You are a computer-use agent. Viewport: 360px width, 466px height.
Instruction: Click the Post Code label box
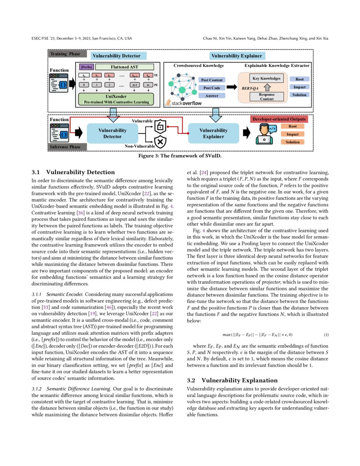click(x=211, y=88)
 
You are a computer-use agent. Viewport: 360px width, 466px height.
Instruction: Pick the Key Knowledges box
click(x=266, y=78)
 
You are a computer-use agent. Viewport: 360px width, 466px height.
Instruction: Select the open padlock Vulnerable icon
click(x=161, y=126)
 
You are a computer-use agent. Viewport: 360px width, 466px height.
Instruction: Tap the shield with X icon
click(x=161, y=141)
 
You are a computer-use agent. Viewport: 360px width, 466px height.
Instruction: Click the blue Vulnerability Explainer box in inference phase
click(x=213, y=133)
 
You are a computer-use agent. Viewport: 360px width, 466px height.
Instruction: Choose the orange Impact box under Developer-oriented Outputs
click(x=292, y=134)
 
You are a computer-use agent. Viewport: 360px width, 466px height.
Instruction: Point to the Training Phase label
click(x=65, y=54)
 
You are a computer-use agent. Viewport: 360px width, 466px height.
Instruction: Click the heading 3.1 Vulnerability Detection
click(x=73, y=172)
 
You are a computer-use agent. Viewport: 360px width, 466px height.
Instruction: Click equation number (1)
click(x=326, y=335)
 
